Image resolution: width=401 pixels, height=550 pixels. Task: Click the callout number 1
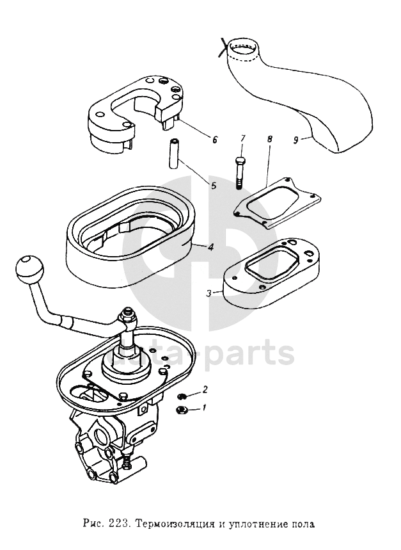click(x=205, y=407)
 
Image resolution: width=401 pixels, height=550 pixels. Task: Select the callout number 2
click(x=205, y=389)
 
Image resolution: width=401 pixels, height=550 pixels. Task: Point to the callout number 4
click(x=210, y=247)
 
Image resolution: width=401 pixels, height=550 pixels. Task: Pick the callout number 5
click(x=214, y=186)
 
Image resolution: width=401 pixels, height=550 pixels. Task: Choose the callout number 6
click(x=215, y=138)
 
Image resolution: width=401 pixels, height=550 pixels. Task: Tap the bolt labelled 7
click(x=240, y=172)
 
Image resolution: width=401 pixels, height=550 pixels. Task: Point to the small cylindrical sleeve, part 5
click(x=174, y=154)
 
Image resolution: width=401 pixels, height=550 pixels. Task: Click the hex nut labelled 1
click(x=181, y=410)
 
